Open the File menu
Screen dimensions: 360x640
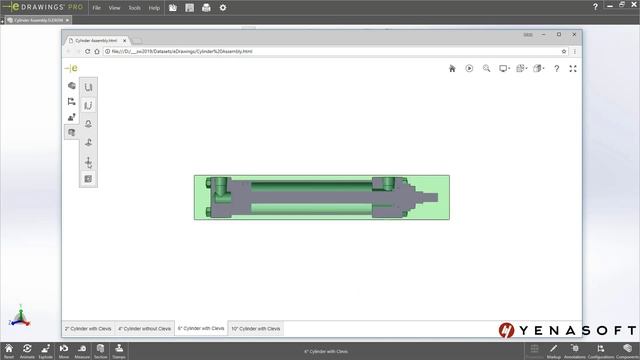97,8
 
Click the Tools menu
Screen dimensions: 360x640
135,8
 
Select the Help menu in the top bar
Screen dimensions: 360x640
154,8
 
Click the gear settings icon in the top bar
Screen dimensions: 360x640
223,8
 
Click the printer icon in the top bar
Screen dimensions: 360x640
206,8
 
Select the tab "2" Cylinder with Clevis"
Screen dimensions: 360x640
88,328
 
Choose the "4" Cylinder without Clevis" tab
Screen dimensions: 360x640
145,328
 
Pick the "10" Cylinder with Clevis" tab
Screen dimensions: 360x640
256,328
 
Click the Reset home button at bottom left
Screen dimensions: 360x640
9,350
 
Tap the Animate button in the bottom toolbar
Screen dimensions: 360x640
27,350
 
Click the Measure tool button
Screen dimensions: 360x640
82,350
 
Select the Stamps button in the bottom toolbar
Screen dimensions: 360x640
119,350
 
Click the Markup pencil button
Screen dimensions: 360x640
554,350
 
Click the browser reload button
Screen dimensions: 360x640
87,51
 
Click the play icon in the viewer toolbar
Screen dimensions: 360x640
469,69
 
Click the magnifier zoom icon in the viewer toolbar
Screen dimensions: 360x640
486,69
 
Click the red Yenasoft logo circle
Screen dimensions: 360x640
507,330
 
